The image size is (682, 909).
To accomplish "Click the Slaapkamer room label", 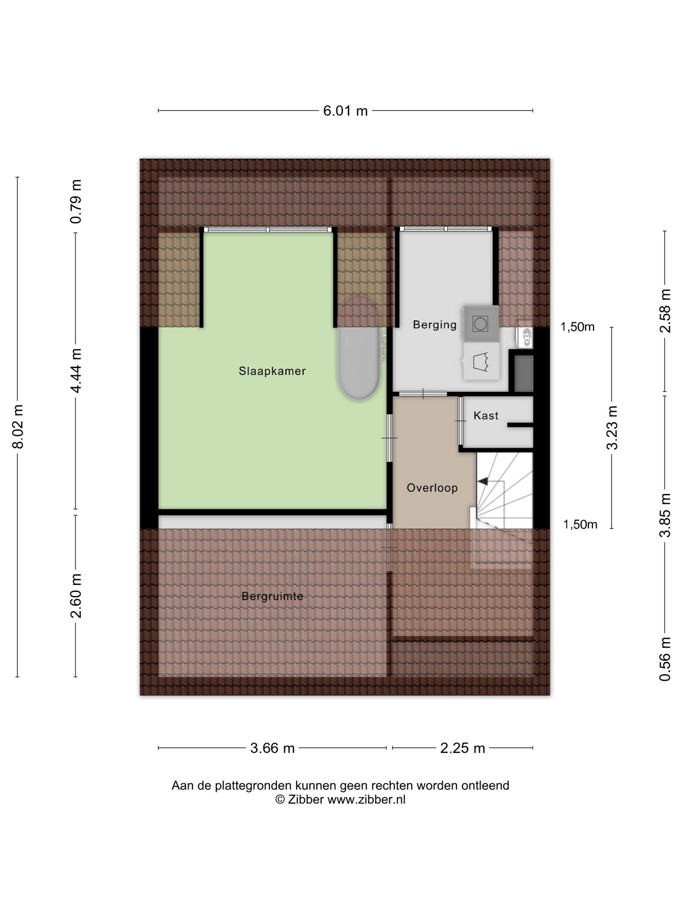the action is pos(272,371).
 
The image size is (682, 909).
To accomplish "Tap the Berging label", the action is pos(435,325).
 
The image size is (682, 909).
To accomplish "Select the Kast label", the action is pos(486,416).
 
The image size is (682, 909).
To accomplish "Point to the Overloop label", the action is pos(432,488).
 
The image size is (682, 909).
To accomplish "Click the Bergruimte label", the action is pos(272,596).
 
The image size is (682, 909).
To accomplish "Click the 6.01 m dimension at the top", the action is pos(345,111).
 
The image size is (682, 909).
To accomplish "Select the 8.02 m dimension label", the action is pos(19,427).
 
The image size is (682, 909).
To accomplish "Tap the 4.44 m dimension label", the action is pos(76,370).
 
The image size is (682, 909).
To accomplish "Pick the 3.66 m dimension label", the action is pos(272,748).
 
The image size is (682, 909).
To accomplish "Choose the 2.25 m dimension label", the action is pos(462,748).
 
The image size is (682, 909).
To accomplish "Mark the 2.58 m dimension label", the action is pos(665,311).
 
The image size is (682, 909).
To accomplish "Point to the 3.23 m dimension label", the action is pos(612,427).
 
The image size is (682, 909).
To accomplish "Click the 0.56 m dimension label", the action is pos(665,659).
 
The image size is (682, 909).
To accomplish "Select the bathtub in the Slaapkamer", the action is pos(359,348).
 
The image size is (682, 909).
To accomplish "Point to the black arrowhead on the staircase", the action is pos(482,480).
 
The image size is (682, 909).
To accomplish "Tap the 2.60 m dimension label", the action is pos(76,595).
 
